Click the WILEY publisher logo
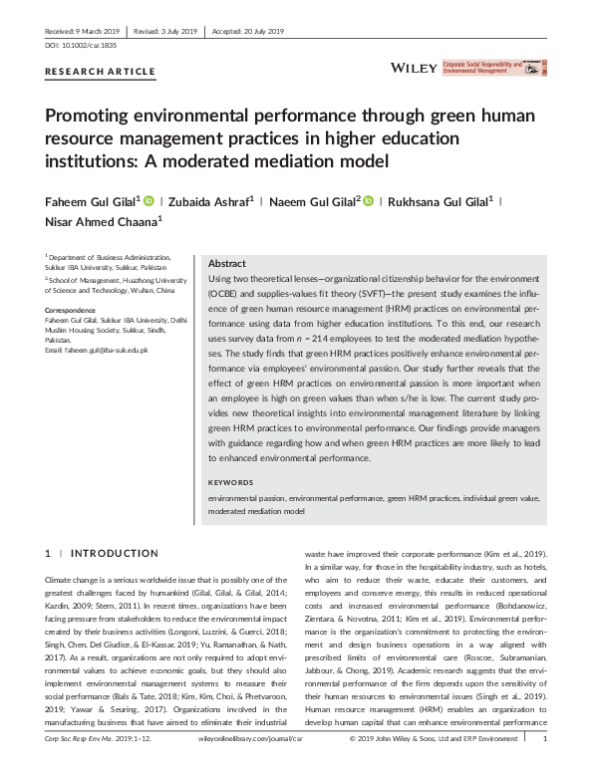[x=412, y=68]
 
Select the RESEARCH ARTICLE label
[x=101, y=72]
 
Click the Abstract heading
[x=228, y=263]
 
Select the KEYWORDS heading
[x=231, y=482]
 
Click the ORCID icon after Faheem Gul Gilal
[x=149, y=200]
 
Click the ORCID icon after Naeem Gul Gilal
[x=367, y=200]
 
